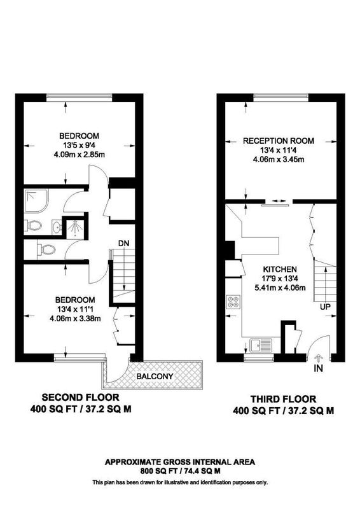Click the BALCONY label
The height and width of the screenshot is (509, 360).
[155, 377]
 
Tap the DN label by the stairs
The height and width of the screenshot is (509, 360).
[123, 243]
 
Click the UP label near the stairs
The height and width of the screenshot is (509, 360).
[325, 307]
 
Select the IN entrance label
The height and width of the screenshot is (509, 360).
[319, 368]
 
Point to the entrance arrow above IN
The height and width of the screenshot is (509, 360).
[319, 358]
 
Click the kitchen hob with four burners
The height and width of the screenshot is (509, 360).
[233, 302]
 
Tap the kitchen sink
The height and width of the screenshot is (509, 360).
[261, 345]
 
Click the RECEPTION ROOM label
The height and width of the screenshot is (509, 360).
[279, 141]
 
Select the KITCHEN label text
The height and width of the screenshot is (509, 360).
[280, 269]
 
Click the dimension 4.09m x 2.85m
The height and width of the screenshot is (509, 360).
[80, 155]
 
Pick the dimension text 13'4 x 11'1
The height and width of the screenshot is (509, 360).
[75, 309]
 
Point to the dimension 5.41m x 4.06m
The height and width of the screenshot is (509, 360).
[280, 288]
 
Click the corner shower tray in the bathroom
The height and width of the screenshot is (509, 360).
[36, 201]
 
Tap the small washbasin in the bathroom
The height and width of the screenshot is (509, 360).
[57, 227]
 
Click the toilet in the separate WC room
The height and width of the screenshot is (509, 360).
[46, 250]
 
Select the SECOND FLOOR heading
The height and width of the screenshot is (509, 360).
[81, 397]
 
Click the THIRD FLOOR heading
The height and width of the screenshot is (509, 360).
[283, 399]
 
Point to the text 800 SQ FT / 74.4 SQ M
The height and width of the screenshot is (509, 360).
[180, 471]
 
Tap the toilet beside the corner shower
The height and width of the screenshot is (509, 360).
[34, 225]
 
